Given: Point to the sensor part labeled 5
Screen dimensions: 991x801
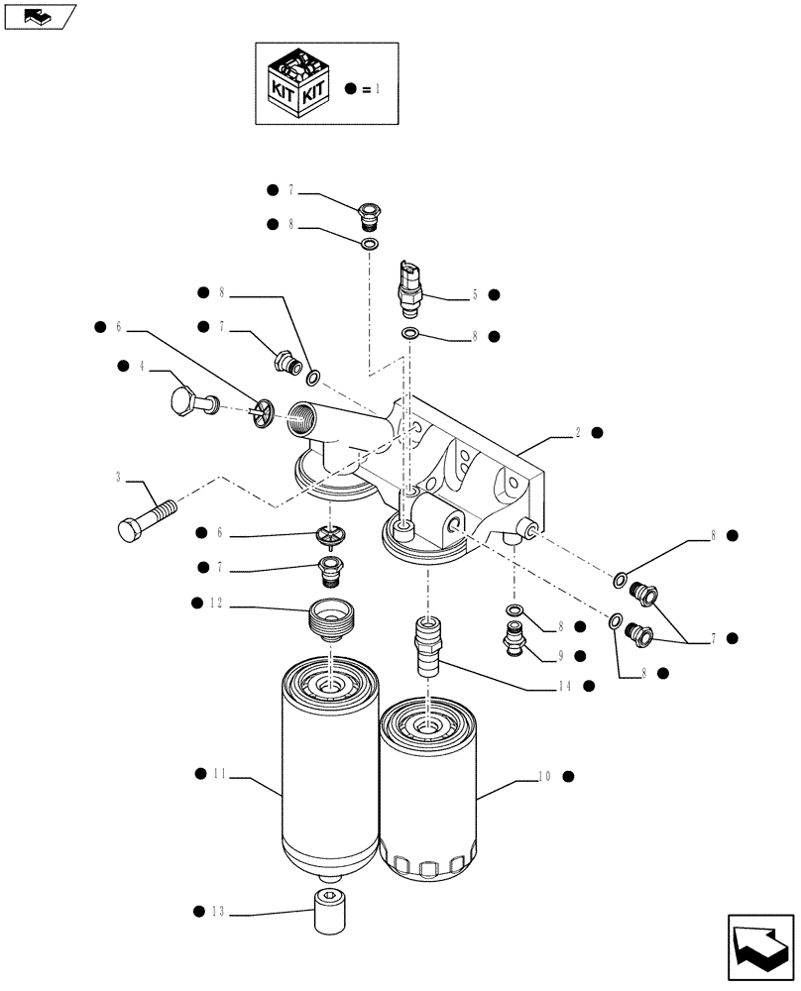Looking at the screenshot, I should pyautogui.click(x=409, y=284).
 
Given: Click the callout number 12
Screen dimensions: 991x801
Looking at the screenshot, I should pyautogui.click(x=220, y=603).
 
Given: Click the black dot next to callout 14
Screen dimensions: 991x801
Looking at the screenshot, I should pyautogui.click(x=588, y=685).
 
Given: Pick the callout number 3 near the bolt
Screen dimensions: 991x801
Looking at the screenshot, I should pyautogui.click(x=118, y=478).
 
